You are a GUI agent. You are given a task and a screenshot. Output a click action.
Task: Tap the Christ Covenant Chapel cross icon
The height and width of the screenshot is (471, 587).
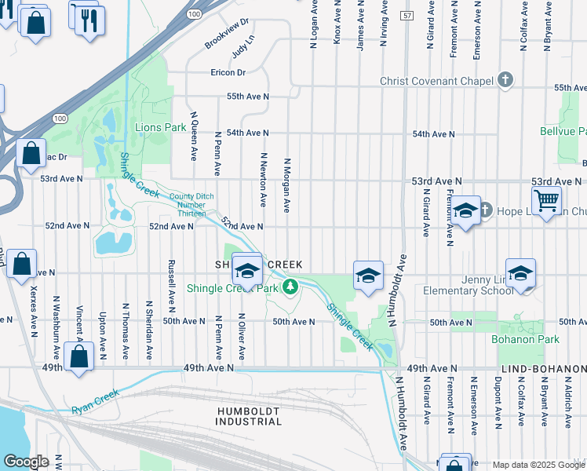pos(505,81)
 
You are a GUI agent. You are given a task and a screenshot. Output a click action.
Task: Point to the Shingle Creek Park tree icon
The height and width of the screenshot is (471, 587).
pos(290,287)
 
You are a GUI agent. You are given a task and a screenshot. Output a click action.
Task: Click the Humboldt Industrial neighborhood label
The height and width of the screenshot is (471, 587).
pos(249,414)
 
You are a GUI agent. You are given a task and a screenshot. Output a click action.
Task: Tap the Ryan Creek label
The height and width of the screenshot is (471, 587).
pos(95,401)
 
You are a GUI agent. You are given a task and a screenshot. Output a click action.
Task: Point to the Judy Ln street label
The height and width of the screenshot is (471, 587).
pos(244,50)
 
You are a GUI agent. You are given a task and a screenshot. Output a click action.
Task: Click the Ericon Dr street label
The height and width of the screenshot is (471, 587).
pos(228,73)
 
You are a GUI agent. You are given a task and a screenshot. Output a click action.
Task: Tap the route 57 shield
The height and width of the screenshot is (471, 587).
pos(406,16)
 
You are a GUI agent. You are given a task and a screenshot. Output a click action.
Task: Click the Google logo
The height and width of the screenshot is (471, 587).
pos(26,462)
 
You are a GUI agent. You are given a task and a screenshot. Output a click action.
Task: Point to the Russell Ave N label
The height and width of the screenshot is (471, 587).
pos(170,283)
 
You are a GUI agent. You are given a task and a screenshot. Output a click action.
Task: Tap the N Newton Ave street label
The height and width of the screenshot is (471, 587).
pos(264,182)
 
